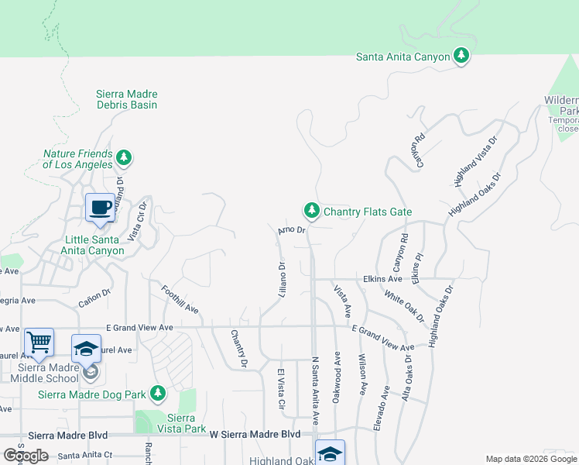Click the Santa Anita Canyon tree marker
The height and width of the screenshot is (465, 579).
coord(461,56)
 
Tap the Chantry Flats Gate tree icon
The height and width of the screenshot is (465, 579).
coord(311,211)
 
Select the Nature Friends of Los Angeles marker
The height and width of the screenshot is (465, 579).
coord(124,159)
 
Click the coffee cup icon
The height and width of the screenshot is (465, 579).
coord(99,208)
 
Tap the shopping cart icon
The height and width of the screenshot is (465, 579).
coord(39,341)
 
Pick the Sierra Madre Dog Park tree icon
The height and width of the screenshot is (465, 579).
coord(158,394)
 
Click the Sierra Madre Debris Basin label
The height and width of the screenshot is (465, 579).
coord(126,99)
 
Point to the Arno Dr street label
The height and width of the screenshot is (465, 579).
coord(293,230)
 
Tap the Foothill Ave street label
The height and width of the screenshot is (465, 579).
coord(180,300)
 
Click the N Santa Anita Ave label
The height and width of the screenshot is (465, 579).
coord(316,391)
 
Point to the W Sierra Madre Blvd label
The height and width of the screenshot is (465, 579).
coord(255,435)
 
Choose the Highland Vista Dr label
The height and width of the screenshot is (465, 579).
coord(475,161)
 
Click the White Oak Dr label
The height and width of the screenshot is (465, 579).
coord(404,307)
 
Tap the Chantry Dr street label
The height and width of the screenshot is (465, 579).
coord(238,348)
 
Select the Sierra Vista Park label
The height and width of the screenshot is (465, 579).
coord(181,422)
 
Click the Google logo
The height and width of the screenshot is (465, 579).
coord(26,455)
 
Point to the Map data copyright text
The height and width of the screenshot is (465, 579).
coord(531,459)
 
